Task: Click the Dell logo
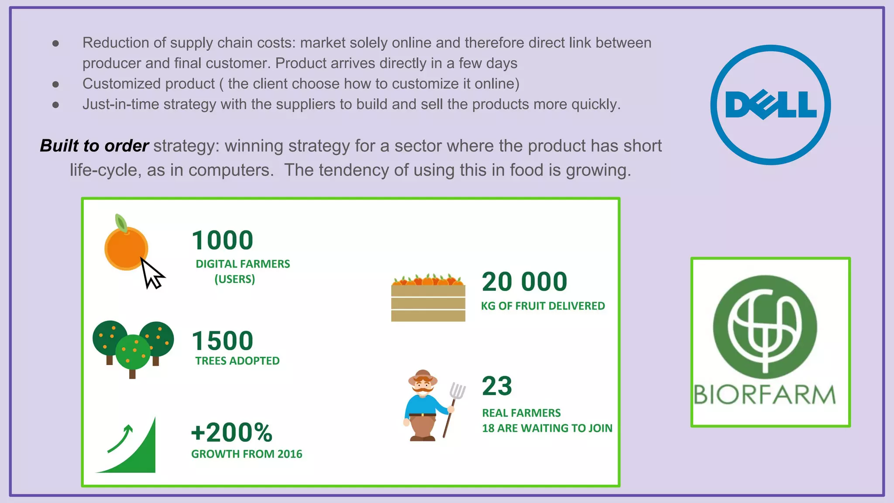click(x=770, y=105)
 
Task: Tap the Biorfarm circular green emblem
click(x=765, y=327)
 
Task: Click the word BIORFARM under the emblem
click(x=764, y=395)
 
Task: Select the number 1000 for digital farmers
click(x=223, y=241)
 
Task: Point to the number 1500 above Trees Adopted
click(x=223, y=341)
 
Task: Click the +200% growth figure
click(x=232, y=433)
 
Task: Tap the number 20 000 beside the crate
click(x=524, y=282)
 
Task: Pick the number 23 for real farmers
click(x=497, y=386)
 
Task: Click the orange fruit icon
click(x=126, y=248)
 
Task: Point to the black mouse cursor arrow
click(x=151, y=274)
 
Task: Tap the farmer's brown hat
click(x=422, y=376)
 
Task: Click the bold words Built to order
click(x=94, y=146)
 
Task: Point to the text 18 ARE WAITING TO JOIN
click(x=547, y=428)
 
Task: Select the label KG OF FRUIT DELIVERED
click(x=543, y=306)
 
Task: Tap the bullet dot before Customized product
click(x=55, y=84)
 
